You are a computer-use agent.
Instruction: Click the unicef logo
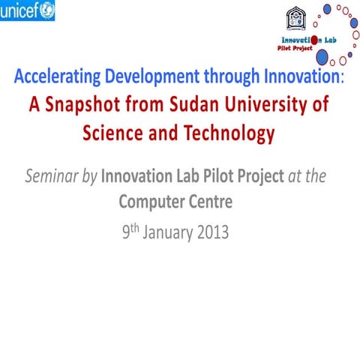click(27, 10)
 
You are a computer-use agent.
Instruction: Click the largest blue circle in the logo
click(322, 56)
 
